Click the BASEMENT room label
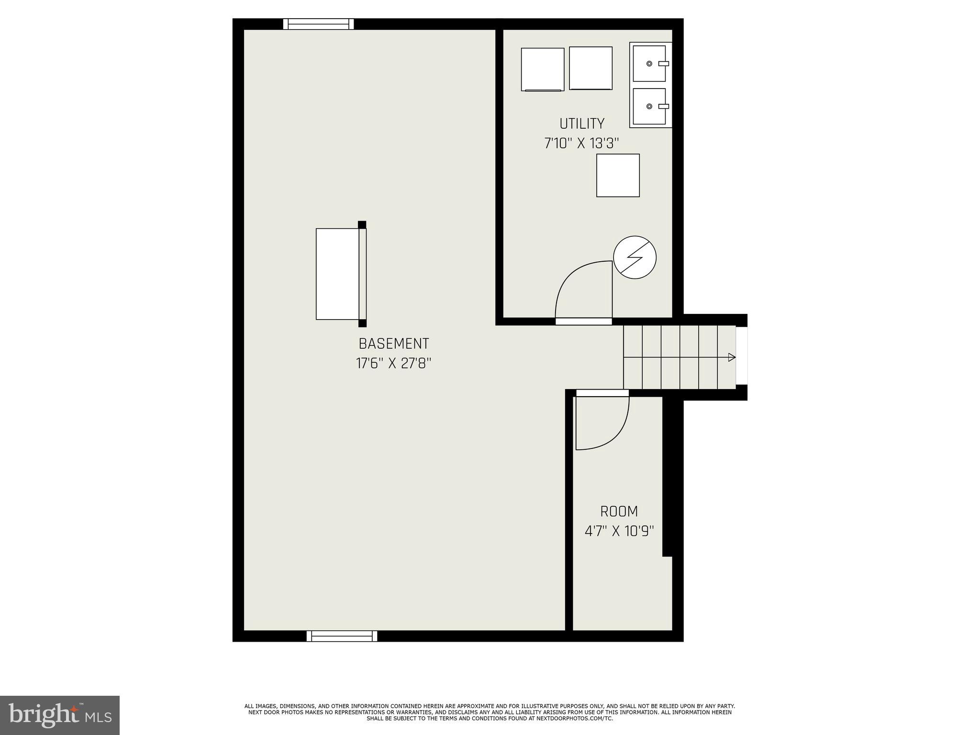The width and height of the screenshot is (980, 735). coord(393,344)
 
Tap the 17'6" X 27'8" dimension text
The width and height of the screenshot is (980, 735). coord(393,363)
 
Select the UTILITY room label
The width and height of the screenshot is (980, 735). coord(582,123)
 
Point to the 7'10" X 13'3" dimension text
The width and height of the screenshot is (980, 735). coord(582,143)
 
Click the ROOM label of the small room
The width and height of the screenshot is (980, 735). coord(619,512)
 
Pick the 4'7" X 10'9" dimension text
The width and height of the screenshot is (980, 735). coord(619,531)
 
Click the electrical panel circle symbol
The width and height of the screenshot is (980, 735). coord(635,257)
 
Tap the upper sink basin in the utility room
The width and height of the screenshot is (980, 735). coord(649,64)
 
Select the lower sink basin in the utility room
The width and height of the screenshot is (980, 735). coord(649,106)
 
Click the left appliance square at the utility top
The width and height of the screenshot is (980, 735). coord(543,69)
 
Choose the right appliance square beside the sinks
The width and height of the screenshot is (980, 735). coord(590,68)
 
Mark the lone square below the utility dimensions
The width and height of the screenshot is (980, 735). coord(618,175)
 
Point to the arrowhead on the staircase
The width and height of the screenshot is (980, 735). coord(731,357)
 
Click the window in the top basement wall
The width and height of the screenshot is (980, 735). coord(318,24)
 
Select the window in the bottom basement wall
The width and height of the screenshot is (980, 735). coord(342,636)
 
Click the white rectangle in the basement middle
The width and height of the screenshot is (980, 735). coord(337,274)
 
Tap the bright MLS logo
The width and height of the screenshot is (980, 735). coord(60,715)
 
